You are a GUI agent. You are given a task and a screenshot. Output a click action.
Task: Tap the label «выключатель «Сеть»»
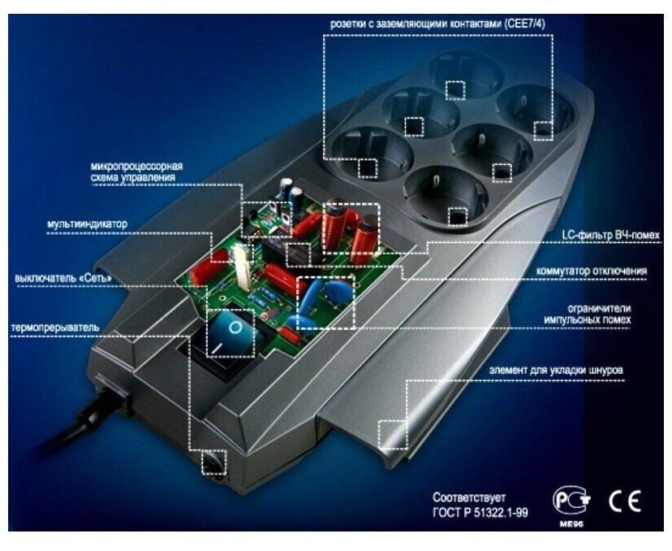coord(63,277)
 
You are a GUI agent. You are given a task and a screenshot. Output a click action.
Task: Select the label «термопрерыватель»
coord(55,328)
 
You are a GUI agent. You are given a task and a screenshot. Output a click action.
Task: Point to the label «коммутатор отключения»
coord(592,270)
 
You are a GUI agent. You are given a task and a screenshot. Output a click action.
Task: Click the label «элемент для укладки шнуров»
coord(556,371)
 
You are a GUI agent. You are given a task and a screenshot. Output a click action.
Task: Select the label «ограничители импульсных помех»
coord(588,315)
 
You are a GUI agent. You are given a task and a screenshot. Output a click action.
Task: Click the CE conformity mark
coord(624,501)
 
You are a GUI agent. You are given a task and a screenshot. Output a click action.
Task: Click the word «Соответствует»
coord(469,496)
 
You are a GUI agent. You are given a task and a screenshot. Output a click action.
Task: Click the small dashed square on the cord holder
coord(393,433)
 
